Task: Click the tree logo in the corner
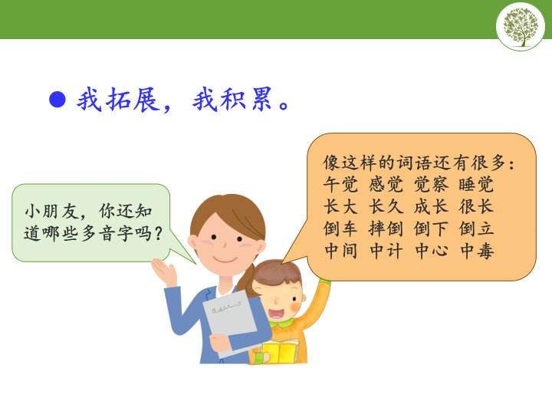[x=521, y=26]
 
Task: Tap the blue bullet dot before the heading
[x=58, y=100]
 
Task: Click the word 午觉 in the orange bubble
[x=340, y=184]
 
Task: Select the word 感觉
[x=386, y=184]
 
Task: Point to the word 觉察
[x=431, y=184]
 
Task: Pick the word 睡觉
[x=476, y=184]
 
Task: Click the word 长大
[x=340, y=206]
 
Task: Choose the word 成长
[x=431, y=206]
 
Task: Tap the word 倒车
[x=340, y=228]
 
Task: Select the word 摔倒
[x=386, y=228]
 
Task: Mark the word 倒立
[x=476, y=228]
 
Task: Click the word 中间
[x=340, y=251]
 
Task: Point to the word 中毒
[x=476, y=251]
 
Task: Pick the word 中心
[x=431, y=251]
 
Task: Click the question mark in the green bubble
[x=158, y=233]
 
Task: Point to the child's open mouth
[x=276, y=313]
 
